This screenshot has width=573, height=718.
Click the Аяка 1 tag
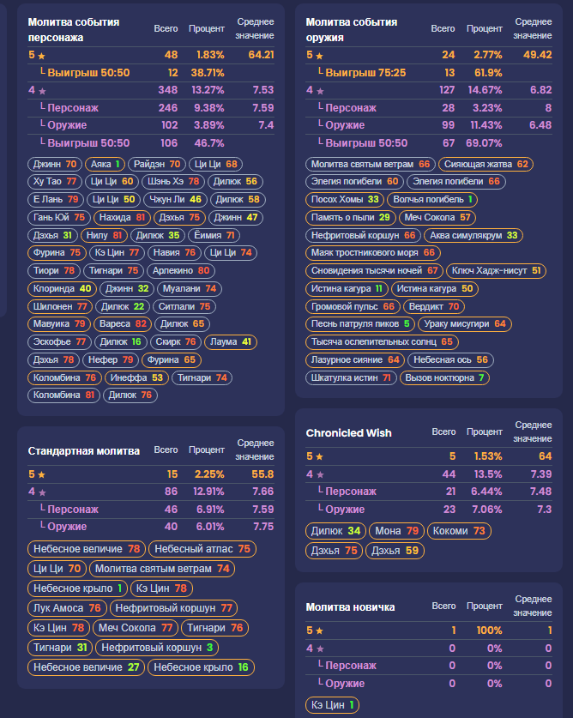click(106, 164)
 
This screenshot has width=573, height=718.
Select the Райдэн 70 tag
click(157, 164)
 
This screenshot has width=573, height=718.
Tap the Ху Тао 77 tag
click(55, 182)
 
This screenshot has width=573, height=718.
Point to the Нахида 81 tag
click(122, 217)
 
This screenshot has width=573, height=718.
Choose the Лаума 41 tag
click(233, 341)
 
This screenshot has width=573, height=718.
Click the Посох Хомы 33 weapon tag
click(344, 200)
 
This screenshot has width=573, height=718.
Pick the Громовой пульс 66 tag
click(353, 306)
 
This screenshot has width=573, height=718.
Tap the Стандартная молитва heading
click(83, 450)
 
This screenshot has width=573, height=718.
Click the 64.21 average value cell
click(261, 55)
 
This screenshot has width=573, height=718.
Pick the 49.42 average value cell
click(537, 55)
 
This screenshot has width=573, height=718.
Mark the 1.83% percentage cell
click(210, 55)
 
